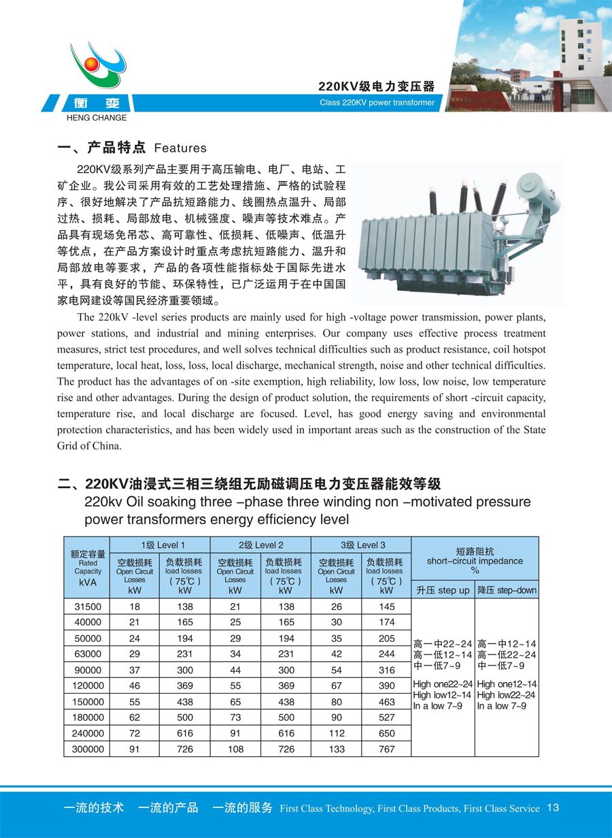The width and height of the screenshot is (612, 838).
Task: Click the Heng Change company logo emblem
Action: tap(99, 64)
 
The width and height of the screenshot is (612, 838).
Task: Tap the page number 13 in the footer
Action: tap(552, 807)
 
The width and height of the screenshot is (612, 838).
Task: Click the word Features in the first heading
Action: tap(180, 148)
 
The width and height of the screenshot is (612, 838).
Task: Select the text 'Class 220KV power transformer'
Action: tap(377, 103)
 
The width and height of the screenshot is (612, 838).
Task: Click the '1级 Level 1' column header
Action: tap(160, 545)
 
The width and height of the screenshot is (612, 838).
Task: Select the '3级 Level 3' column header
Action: tap(360, 545)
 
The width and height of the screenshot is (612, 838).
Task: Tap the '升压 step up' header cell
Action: tap(443, 590)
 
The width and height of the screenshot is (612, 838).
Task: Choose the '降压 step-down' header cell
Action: tap(507, 590)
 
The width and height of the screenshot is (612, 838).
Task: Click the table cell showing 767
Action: tap(386, 749)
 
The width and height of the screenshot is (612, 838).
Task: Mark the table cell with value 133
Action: tap(336, 749)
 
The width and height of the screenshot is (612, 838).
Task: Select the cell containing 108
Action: tap(235, 749)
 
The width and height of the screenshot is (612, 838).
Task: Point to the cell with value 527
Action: tap(386, 718)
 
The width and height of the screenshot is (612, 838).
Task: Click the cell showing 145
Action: tap(386, 607)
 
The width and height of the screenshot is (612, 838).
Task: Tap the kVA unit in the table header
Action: tap(88, 583)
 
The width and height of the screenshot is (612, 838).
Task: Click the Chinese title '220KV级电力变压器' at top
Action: tap(376, 86)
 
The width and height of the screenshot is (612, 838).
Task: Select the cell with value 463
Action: tap(386, 702)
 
